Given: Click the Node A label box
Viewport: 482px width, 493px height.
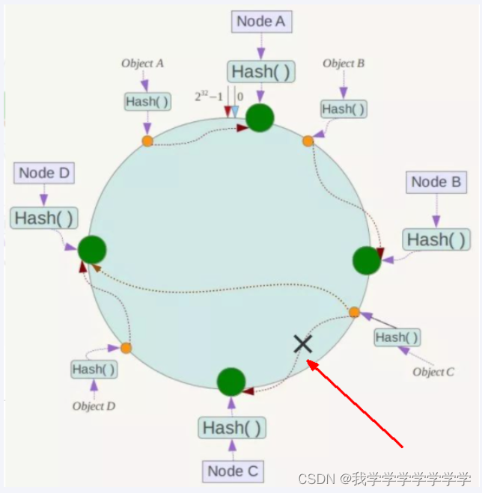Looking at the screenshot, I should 260,21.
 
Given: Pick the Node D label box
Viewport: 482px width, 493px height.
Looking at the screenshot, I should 44,173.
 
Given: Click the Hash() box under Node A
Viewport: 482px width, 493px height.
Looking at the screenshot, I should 261,72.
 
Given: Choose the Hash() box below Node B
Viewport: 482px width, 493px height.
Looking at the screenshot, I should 437,239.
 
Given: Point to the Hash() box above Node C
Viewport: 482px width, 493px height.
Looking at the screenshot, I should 233,428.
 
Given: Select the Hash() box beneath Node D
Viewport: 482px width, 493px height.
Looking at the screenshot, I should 44,218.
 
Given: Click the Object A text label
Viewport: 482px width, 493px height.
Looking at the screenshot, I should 142,64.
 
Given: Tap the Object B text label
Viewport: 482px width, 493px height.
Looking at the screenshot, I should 344,64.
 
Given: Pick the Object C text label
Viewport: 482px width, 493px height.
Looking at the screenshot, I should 433,372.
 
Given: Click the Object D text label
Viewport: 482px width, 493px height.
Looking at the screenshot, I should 94,406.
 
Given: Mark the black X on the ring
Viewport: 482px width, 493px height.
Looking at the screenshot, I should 302,343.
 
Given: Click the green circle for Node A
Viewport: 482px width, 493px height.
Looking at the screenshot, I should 260,117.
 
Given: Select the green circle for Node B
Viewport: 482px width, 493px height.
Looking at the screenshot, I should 367,260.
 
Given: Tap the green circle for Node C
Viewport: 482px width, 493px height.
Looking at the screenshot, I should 231,382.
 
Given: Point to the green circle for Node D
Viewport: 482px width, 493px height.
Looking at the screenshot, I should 91,249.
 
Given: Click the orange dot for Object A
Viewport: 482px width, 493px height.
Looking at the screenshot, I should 147,141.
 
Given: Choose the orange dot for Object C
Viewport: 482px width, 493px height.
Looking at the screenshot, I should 354,313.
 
